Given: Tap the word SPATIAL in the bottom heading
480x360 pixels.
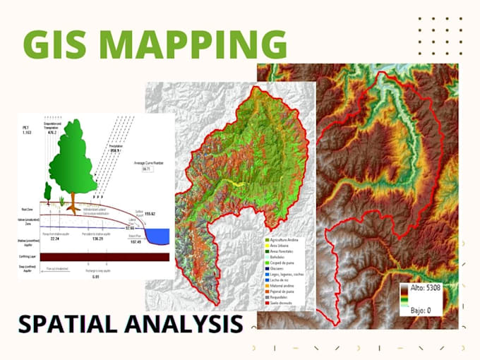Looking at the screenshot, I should pyautogui.click(x=78, y=324).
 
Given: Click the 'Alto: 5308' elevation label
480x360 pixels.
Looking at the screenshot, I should pyautogui.click(x=427, y=288).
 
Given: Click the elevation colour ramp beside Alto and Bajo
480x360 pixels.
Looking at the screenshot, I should pyautogui.click(x=406, y=299).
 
